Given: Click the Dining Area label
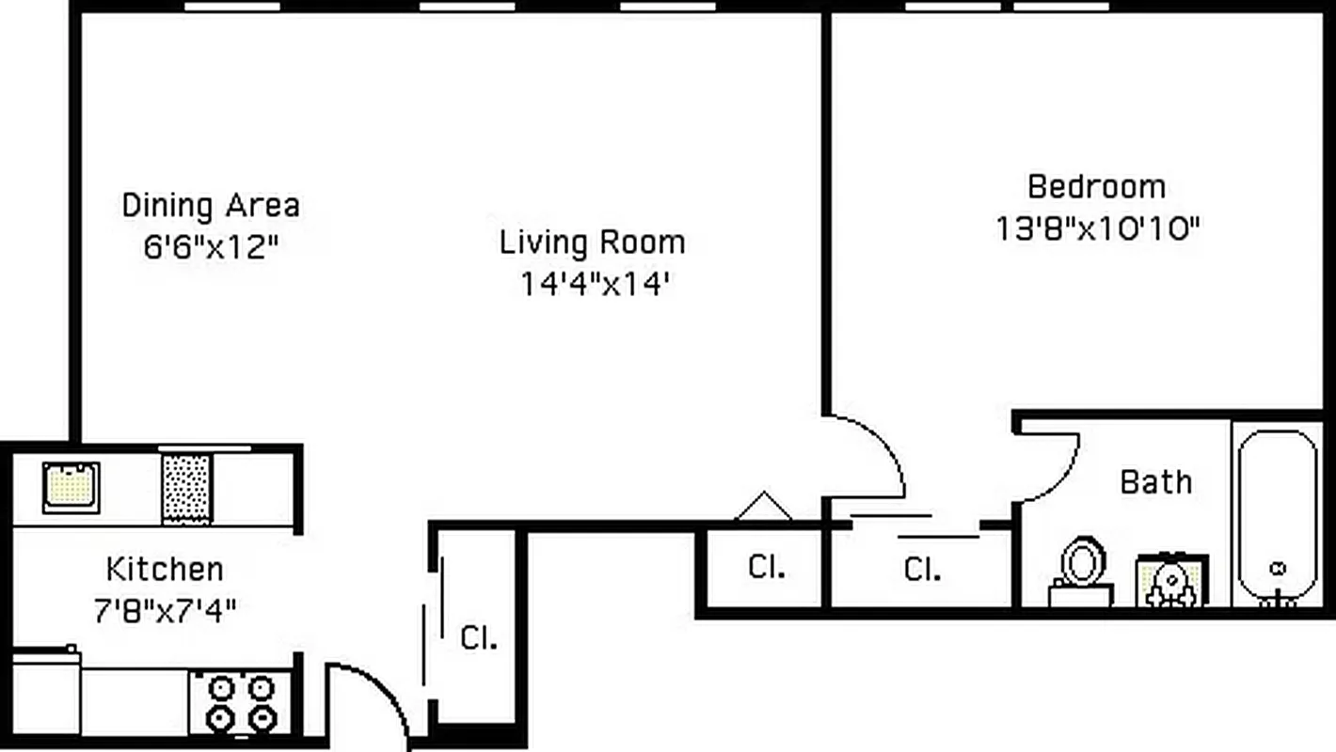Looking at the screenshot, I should pos(211,205).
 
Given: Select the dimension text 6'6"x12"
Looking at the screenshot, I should pos(211,248).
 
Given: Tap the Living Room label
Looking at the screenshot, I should pos(592,243).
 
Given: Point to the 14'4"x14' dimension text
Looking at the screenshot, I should pos(594,284).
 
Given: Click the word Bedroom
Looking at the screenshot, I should pos(1096,186).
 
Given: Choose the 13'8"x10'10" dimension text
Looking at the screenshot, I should pos(1098,228).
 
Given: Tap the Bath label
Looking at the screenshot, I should pos(1155,482).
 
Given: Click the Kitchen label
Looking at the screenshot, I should pos(165,569).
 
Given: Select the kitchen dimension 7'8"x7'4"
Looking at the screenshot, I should pos(165,611).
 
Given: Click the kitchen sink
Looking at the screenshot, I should pos(71,487).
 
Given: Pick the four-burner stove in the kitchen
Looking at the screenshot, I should pos(240,702).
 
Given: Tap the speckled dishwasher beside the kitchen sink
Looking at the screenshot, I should pos(185,488).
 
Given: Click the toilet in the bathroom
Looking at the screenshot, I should pos(1082,570).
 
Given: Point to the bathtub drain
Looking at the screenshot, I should pos(1278,569).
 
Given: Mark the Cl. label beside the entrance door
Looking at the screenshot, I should pos(478,638).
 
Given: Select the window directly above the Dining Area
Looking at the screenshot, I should pos(231,7).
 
